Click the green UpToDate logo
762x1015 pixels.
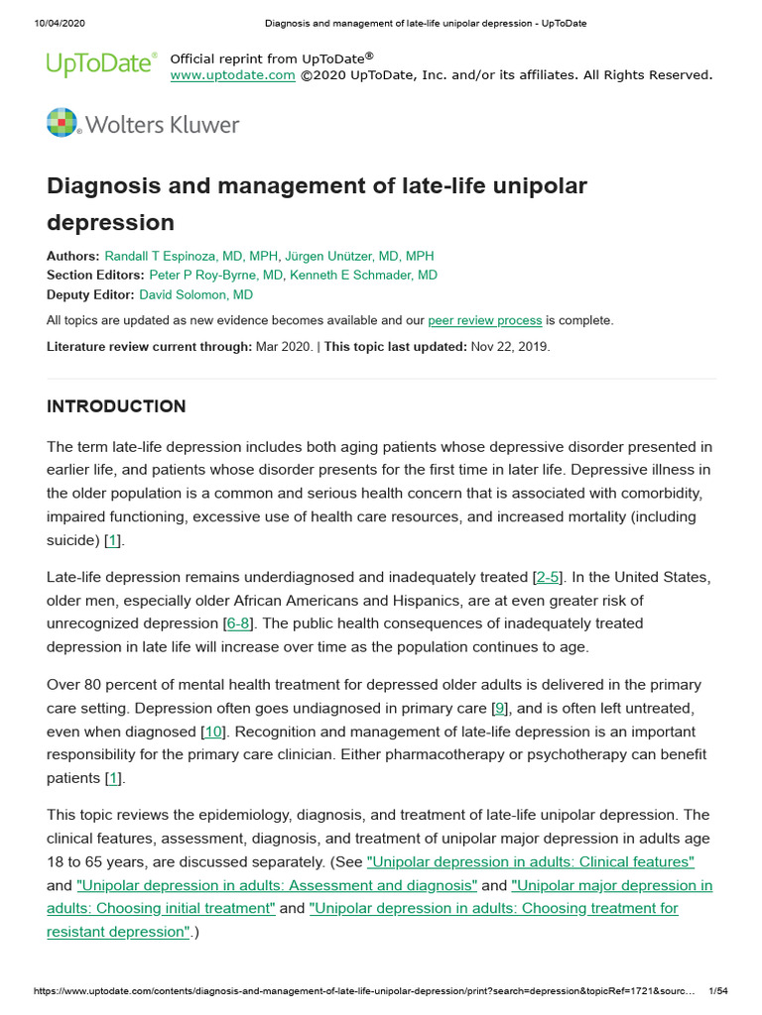tap(101, 64)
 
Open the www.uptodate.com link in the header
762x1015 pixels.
tap(232, 75)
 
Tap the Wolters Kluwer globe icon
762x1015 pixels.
tap(62, 123)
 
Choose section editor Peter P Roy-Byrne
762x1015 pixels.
tap(215, 275)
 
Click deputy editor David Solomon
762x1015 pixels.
tap(195, 294)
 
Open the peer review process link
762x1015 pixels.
tap(484, 320)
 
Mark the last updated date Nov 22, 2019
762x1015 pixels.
tap(508, 346)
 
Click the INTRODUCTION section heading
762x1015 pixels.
tap(116, 406)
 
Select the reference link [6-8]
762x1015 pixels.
tap(238, 623)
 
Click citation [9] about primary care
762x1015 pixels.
tap(501, 708)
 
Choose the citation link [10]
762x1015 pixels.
tap(212, 732)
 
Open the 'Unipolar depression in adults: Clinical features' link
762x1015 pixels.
tap(530, 861)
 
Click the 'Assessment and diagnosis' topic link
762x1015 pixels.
tap(277, 885)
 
